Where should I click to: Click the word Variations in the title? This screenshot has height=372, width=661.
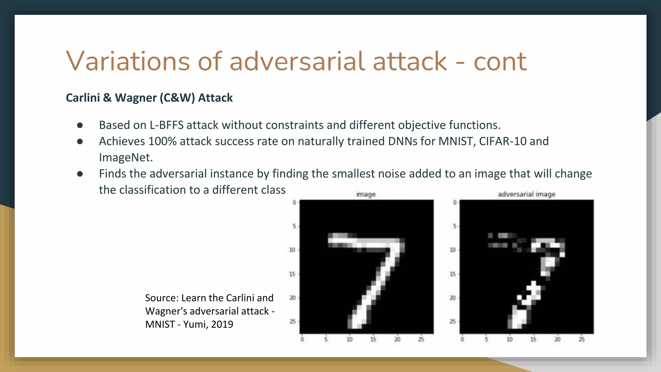pyautogui.click(x=128, y=61)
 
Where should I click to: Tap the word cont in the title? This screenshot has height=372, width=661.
pyautogui.click(x=500, y=62)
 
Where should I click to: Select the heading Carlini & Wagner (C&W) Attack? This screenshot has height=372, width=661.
pyautogui.click(x=149, y=98)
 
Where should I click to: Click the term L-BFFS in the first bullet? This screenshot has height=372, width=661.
pyautogui.click(x=166, y=125)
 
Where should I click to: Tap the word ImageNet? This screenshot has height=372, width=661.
pyautogui.click(x=126, y=158)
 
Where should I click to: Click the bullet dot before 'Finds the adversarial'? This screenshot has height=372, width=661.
pyautogui.click(x=80, y=174)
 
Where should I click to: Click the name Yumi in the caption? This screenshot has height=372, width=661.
pyautogui.click(x=195, y=324)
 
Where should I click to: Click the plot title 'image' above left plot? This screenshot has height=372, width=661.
pyautogui.click(x=366, y=194)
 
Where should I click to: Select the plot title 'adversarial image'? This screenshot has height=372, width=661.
pyautogui.click(x=526, y=194)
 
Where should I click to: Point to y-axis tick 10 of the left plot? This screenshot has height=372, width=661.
pyautogui.click(x=292, y=250)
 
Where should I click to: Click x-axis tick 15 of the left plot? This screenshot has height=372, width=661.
pyautogui.click(x=373, y=339)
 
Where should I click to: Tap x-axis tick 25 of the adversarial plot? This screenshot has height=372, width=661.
pyautogui.click(x=581, y=339)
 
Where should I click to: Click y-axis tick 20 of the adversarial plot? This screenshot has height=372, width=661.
pyautogui.click(x=453, y=298)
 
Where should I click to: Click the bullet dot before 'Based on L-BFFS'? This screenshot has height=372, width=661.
pyautogui.click(x=80, y=125)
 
